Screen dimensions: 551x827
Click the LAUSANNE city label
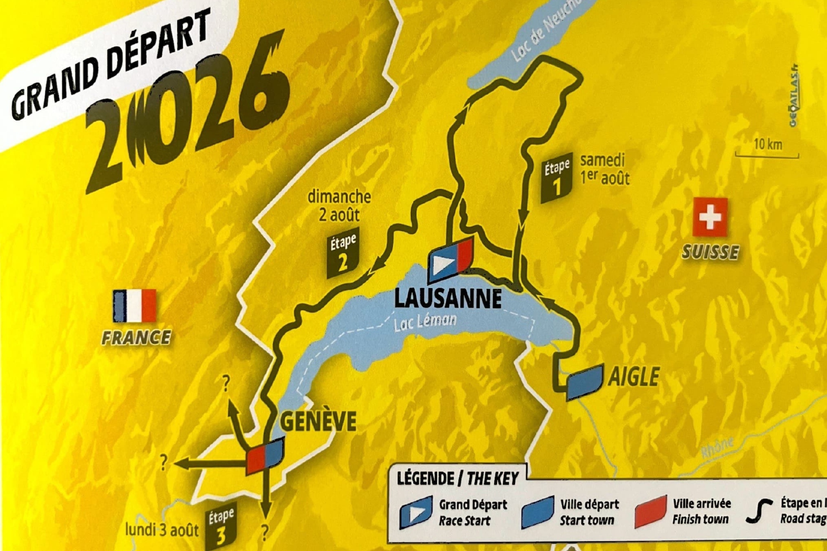click(448, 298)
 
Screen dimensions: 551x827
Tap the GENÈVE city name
click(318, 421)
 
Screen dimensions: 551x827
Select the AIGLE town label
click(634, 377)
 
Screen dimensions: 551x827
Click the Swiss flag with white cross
click(710, 217)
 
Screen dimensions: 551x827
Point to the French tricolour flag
click(134, 306)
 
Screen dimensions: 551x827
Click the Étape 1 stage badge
click(557, 178)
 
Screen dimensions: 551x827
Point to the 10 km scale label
click(768, 144)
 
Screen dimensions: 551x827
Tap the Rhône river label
click(717, 448)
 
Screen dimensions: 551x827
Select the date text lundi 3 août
click(162, 530)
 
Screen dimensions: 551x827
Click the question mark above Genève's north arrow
click(226, 383)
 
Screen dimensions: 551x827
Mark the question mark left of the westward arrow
click(164, 463)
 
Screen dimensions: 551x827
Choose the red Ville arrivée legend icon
click(650, 512)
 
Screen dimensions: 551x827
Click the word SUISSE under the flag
click(710, 252)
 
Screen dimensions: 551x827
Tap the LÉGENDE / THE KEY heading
click(457, 478)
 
